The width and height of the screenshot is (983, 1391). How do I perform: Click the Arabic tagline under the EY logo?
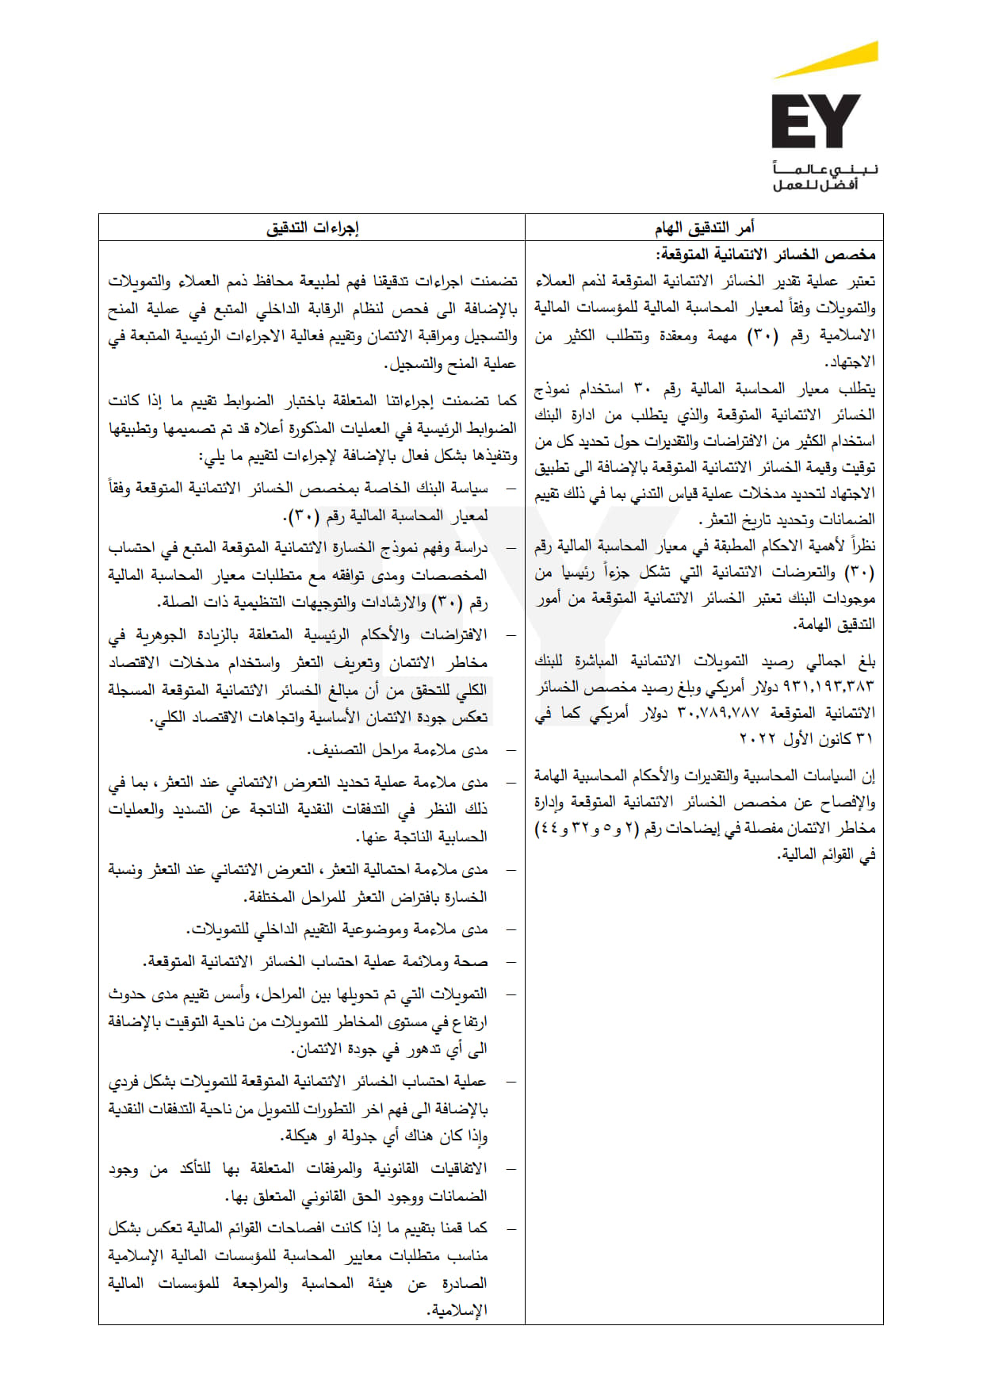point(825,177)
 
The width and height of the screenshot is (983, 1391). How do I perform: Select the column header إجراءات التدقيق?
point(312,228)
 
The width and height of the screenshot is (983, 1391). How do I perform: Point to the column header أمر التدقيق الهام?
point(704,228)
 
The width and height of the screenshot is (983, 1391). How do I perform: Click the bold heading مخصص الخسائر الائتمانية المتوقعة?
point(765,255)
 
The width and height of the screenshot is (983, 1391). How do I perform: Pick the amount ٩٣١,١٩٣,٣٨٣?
point(828,686)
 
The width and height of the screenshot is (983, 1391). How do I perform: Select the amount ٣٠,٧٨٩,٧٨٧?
point(718,712)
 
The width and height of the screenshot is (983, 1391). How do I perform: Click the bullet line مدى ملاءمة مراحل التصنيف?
point(397,749)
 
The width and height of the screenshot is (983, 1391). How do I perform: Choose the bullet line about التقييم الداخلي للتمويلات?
point(338,929)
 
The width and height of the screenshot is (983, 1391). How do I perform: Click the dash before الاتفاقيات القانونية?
point(511,1168)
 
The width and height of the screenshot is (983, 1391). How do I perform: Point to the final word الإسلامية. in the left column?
point(457,1310)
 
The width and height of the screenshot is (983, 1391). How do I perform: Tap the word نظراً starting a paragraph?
point(863,546)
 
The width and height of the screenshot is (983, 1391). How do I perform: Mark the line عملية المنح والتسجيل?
point(450,364)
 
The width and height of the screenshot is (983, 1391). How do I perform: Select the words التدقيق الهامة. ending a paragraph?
point(834,624)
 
